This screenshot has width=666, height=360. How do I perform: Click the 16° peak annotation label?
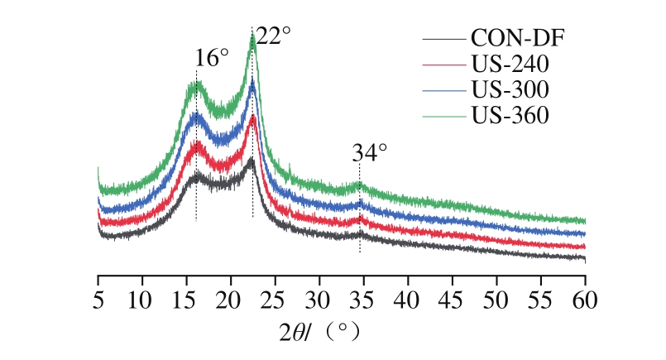[212, 58]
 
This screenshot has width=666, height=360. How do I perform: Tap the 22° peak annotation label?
[273, 37]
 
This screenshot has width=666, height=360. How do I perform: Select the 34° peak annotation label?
[370, 153]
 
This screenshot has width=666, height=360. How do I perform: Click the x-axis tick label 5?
[98, 296]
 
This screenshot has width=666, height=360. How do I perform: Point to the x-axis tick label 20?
[231, 296]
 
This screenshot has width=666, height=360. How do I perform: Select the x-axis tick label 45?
[453, 296]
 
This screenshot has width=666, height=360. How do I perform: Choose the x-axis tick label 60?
[585, 296]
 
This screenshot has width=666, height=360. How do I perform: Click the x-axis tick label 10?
[142, 296]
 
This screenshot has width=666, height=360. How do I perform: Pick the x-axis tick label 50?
[496, 296]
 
